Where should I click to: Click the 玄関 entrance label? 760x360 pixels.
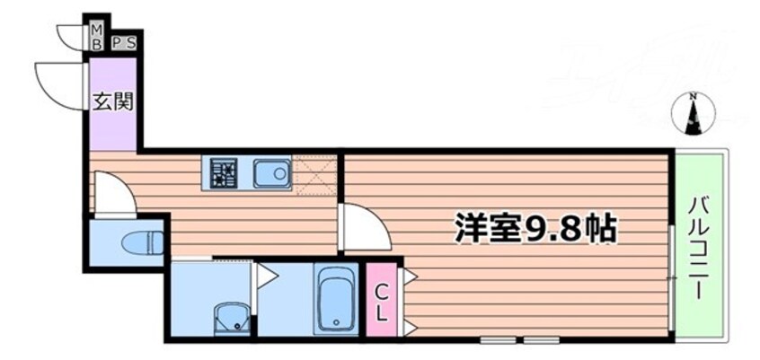point(112,101)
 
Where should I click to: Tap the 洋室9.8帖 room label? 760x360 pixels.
point(534,229)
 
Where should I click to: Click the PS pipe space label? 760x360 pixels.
point(124,41)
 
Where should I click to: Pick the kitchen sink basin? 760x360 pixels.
point(270,172)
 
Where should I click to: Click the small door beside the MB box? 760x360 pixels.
point(72,36)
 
